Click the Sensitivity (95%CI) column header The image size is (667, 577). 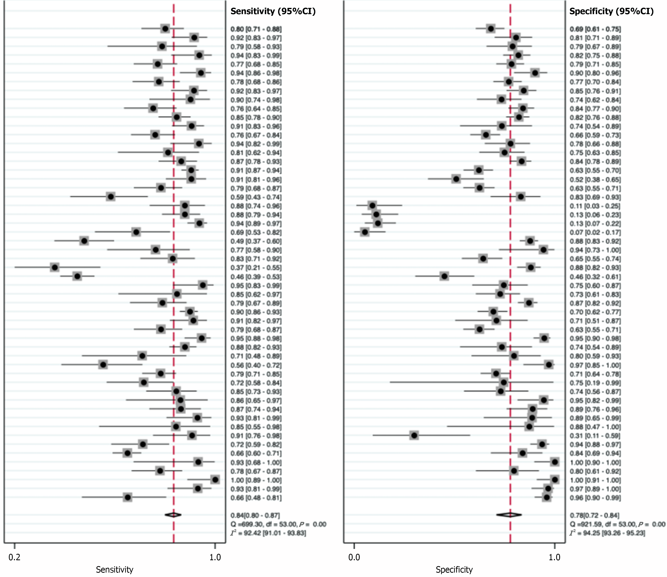tap(273, 12)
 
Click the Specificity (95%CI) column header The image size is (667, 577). tap(611, 12)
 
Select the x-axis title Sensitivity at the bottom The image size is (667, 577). tap(114, 570)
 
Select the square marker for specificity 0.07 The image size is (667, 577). tap(365, 232)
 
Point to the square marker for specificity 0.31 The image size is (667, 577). tap(414, 435)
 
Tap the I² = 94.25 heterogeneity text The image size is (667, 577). tap(607, 533)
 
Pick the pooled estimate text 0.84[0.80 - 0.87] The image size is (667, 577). tap(255, 515)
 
